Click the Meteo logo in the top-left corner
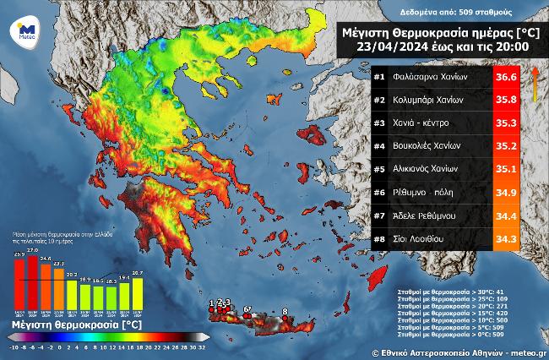click(20, 30)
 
